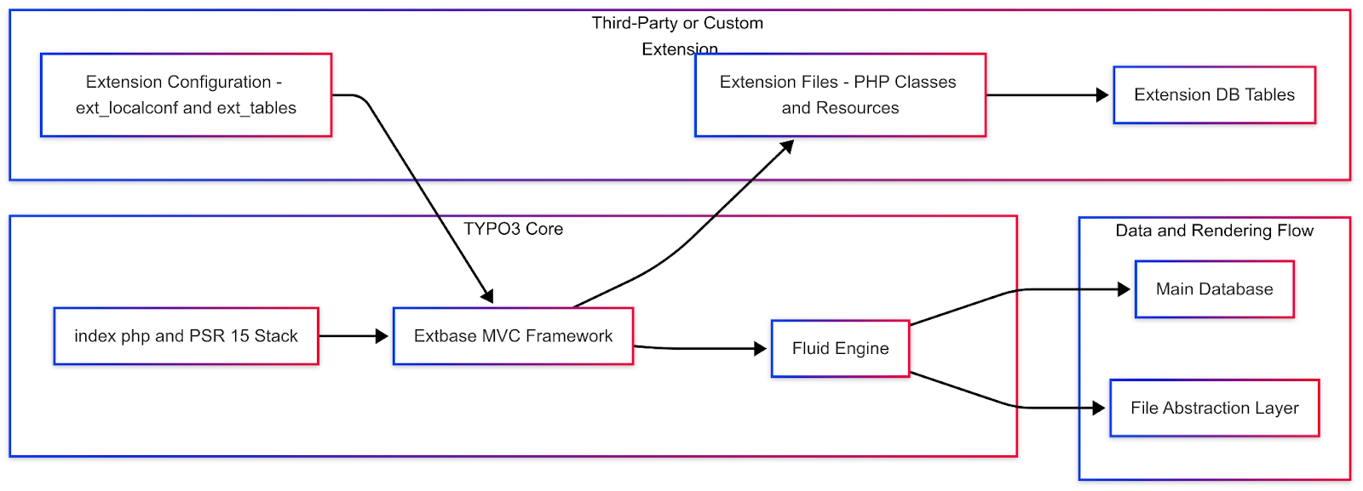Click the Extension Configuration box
pos(186,94)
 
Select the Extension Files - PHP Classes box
pos(840,94)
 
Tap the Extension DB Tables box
pos(1214,94)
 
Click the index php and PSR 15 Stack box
pos(186,336)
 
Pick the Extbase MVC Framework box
pos(513,336)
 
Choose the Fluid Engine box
pos(840,348)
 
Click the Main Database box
pos(1214,289)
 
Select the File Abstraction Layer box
pos(1214,408)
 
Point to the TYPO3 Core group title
pos(513,229)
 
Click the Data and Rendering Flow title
pos(1214,231)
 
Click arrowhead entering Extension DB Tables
pos(1102,95)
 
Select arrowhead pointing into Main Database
pos(1124,289)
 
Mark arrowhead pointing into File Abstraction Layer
pos(1099,408)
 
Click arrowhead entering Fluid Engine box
pos(761,348)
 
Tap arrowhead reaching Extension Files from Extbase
pos(788,146)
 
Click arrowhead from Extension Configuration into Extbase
pos(488,296)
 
